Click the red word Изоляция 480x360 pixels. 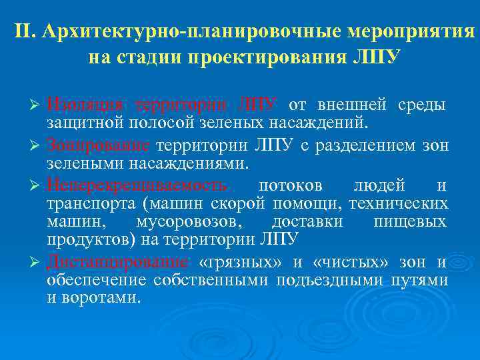pos(85,105)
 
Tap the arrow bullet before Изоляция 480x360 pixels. pos(37,106)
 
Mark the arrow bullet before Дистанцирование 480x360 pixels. pos(37,263)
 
